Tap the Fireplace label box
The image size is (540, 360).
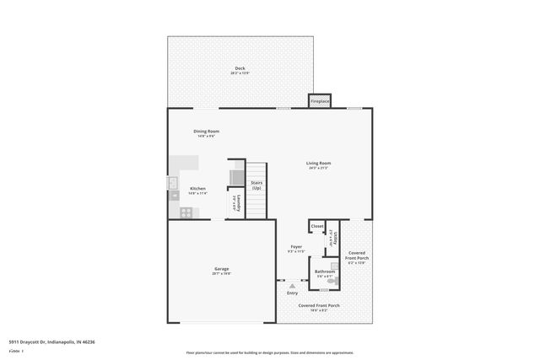(320, 101)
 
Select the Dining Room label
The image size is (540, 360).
(207, 131)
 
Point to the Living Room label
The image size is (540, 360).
(318, 163)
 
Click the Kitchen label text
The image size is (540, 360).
(197, 188)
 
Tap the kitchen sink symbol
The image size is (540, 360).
(172, 181)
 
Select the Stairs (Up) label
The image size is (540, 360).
(256, 185)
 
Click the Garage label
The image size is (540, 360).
(221, 269)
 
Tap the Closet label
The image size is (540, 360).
(317, 226)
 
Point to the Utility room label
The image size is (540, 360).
(336, 239)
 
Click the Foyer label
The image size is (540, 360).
(296, 247)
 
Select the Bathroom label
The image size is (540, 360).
(325, 271)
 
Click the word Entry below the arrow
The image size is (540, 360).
(292, 293)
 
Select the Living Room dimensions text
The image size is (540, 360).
(318, 169)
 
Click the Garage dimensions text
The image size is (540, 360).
(221, 274)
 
